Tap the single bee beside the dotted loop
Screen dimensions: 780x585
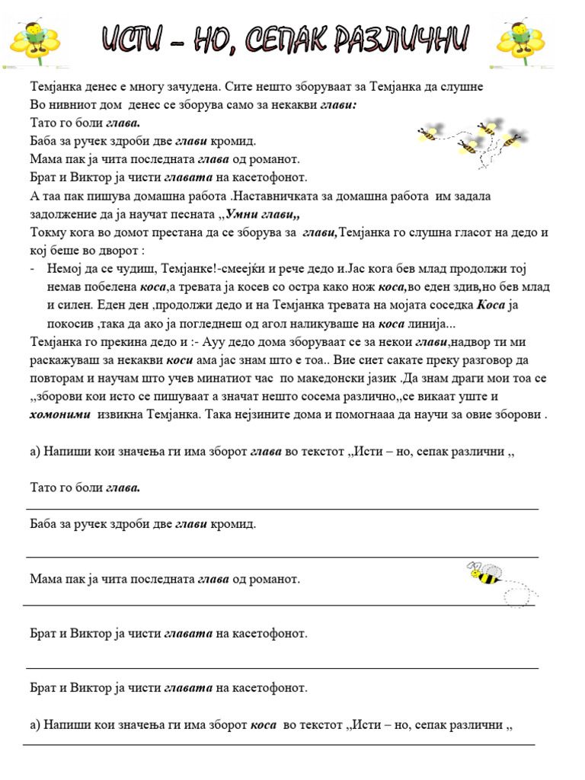pyautogui.click(x=485, y=574)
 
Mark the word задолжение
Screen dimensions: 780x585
pyautogui.click(x=65, y=215)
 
